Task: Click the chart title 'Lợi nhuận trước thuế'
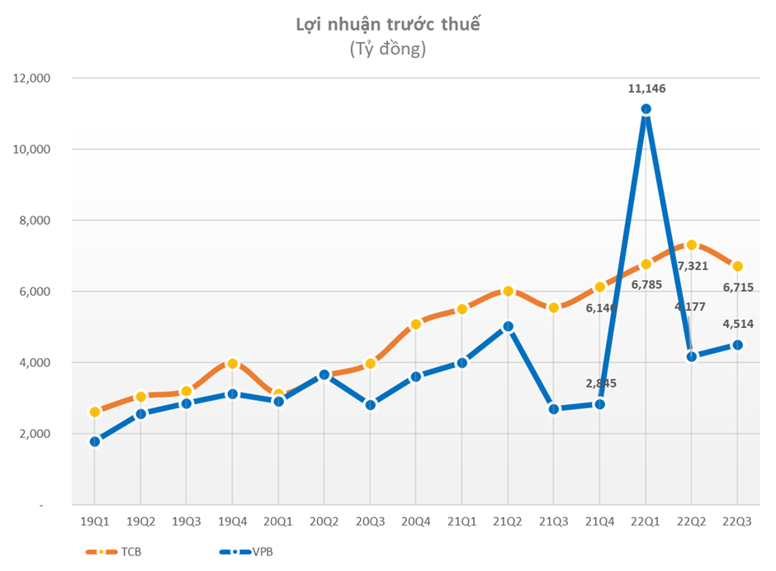point(387,25)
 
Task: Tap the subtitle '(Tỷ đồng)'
point(387,50)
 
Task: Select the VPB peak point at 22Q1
point(646,109)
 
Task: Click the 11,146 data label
point(646,88)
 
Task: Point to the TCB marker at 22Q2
point(692,245)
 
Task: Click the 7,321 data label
point(693,266)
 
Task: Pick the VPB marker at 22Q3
point(738,345)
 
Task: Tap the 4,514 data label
point(736,323)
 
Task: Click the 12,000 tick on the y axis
point(31,79)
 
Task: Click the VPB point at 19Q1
point(94,441)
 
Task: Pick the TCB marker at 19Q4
point(232,364)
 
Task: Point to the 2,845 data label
point(600,383)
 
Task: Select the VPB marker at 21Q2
point(508,326)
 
